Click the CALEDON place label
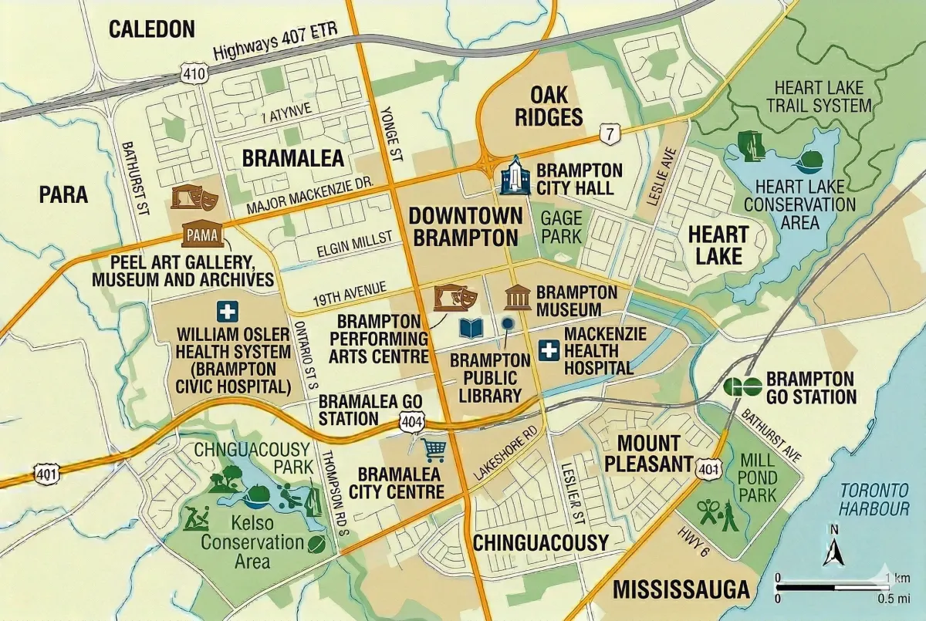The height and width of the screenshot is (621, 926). (x=151, y=30)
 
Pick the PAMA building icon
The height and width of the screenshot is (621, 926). (x=203, y=234)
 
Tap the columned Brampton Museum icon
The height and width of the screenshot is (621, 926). (x=517, y=297)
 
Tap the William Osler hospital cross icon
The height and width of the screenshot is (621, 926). (x=227, y=312)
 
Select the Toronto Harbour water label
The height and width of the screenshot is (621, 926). (x=874, y=499)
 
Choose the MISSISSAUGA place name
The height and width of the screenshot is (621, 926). (x=681, y=590)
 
